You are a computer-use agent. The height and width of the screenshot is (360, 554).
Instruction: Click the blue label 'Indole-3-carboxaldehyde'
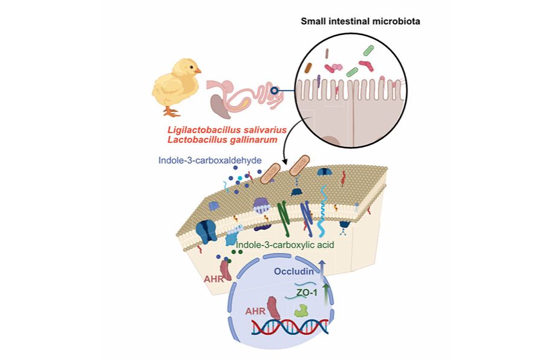pos(199,162)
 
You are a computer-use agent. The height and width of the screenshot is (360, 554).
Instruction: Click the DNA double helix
pos(290,327)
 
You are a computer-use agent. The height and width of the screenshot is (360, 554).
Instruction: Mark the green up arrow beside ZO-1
pos(327,293)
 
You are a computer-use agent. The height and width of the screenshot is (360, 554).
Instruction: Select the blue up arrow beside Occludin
pos(322,270)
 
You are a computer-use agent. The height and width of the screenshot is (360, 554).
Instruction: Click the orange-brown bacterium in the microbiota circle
pos(308,67)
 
